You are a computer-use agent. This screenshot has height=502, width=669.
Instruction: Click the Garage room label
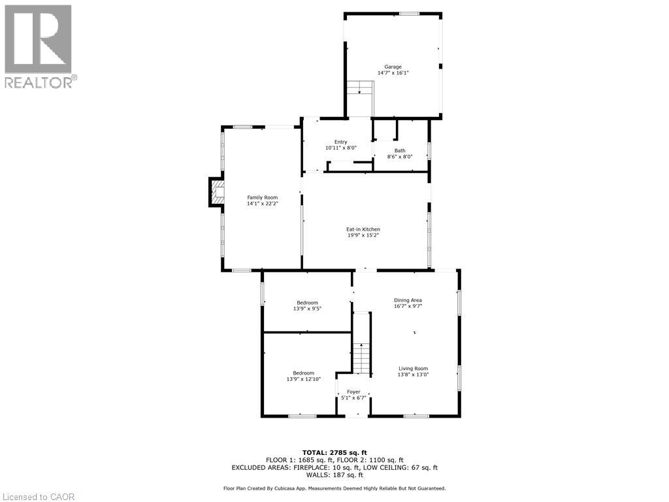tap(393, 67)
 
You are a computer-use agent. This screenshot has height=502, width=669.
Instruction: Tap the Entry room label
tap(341, 142)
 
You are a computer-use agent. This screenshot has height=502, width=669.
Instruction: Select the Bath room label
tap(399, 150)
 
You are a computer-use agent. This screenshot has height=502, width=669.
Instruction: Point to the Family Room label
tap(262, 197)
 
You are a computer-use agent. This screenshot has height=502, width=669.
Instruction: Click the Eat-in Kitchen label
tap(363, 229)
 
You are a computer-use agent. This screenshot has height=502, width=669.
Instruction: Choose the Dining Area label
tap(408, 300)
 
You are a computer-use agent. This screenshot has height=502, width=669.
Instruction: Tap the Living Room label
tap(413, 368)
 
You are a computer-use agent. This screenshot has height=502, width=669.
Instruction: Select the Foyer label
tap(353, 392)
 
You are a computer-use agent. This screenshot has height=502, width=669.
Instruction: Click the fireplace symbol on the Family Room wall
tap(216, 192)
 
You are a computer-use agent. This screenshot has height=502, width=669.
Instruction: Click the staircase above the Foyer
tap(361, 358)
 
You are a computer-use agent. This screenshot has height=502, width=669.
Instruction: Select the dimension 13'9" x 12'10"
tap(303, 379)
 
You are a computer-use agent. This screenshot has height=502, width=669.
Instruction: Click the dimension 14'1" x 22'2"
tap(262, 204)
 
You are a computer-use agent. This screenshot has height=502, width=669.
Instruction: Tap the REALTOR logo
tap(39, 46)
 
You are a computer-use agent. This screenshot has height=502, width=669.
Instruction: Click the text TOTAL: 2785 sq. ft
tap(334, 452)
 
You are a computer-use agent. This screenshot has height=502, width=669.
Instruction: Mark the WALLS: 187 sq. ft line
tap(334, 475)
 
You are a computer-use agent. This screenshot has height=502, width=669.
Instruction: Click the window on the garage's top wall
tap(410, 14)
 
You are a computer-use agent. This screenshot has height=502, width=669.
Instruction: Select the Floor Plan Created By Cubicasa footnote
tap(334, 488)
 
